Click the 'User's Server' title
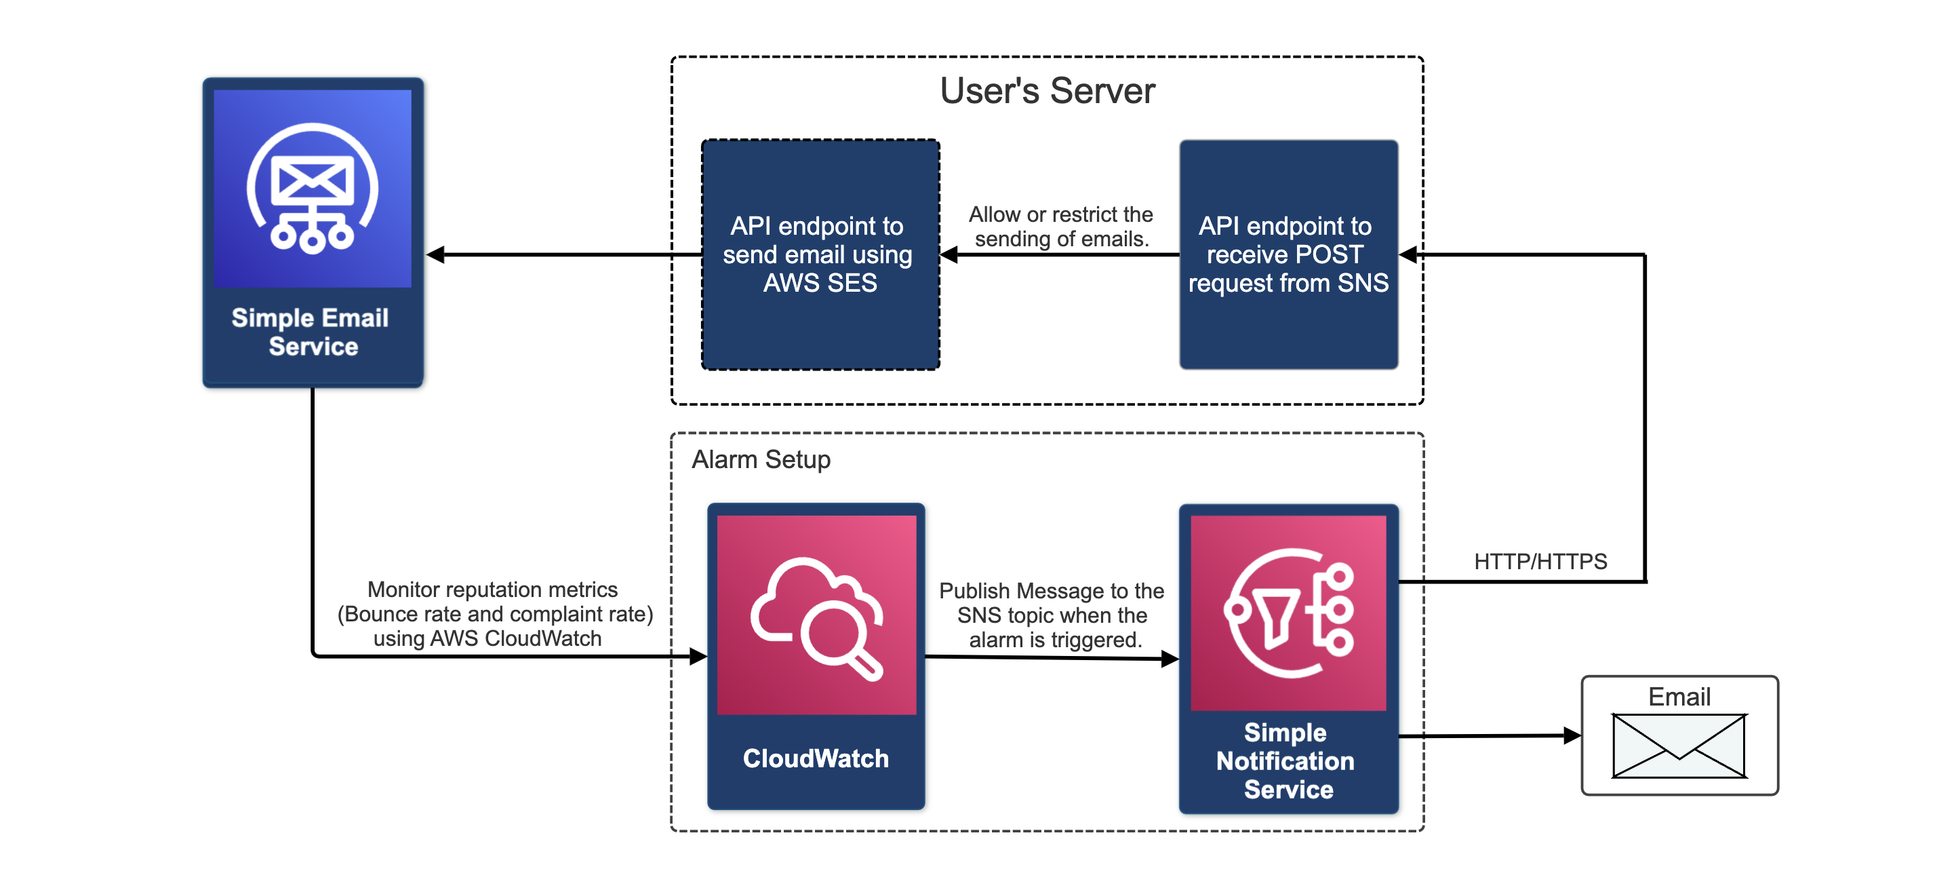pyautogui.click(x=1046, y=91)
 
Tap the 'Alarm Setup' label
pyautogui.click(x=760, y=459)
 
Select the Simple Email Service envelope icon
pyautogui.click(x=313, y=188)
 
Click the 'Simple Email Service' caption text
pyautogui.click(x=311, y=332)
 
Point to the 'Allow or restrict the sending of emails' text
pyautogui.click(x=1060, y=226)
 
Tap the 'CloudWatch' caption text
pyautogui.click(x=816, y=758)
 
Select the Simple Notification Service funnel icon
pyautogui.click(x=1288, y=613)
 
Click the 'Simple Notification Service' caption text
pyautogui.click(x=1287, y=760)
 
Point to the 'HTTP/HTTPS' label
pyautogui.click(x=1540, y=561)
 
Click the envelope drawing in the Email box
pyautogui.click(x=1679, y=746)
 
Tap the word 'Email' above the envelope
pyautogui.click(x=1679, y=697)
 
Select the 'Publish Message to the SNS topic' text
pyautogui.click(x=1052, y=615)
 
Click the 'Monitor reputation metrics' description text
pyautogui.click(x=494, y=613)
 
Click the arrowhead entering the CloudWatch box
pyautogui.click(x=698, y=657)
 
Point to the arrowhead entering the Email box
pyautogui.click(x=1572, y=735)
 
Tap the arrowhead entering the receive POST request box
pyautogui.click(x=1409, y=255)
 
